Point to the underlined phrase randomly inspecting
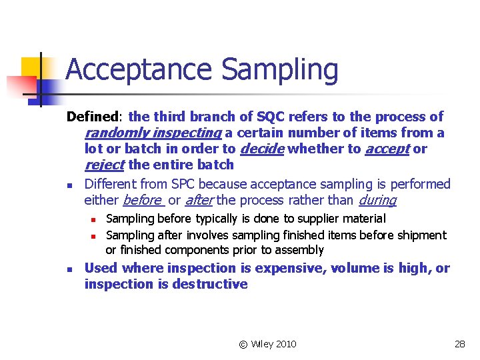pyautogui.click(x=153, y=133)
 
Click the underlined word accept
pyautogui.click(x=387, y=149)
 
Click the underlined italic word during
pyautogui.click(x=377, y=199)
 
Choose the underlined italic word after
pyautogui.click(x=199, y=199)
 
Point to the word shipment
pyautogui.click(x=421, y=235)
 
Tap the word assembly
pyautogui.click(x=301, y=251)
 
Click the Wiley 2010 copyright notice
pyautogui.click(x=267, y=344)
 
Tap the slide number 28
pyautogui.click(x=459, y=344)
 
